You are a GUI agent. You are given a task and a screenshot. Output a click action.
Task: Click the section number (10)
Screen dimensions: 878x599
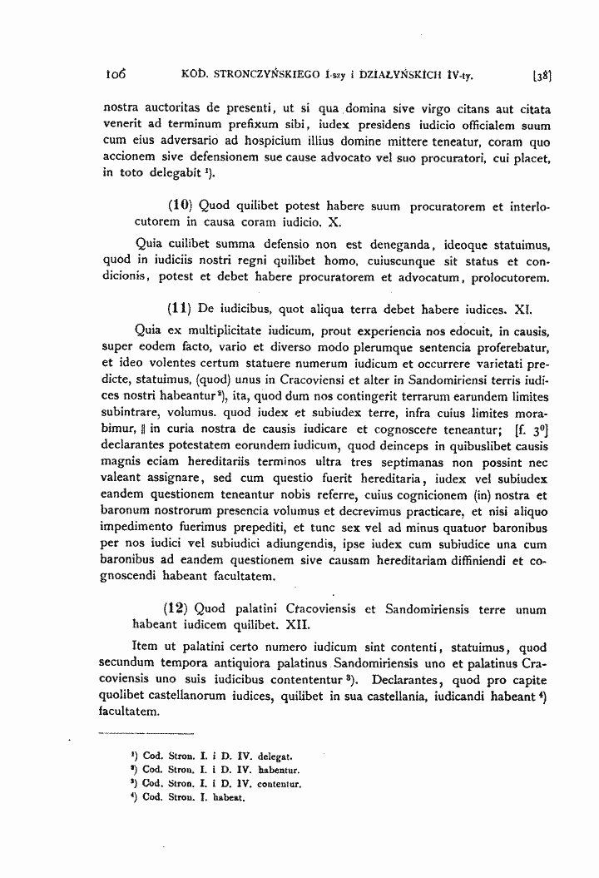tap(181, 206)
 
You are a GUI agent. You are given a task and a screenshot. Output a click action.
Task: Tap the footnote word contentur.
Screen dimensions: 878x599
tap(279, 784)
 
